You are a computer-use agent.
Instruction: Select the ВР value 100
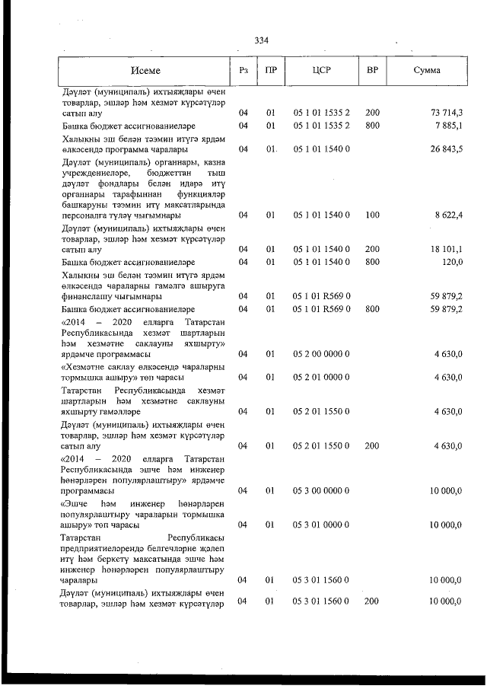coord(372,215)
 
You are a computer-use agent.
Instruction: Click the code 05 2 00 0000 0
coord(321,354)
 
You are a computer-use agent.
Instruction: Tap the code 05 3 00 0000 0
coord(321,491)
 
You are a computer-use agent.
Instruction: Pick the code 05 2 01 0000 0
coord(321,377)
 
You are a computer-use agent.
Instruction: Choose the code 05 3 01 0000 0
coord(321,525)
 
